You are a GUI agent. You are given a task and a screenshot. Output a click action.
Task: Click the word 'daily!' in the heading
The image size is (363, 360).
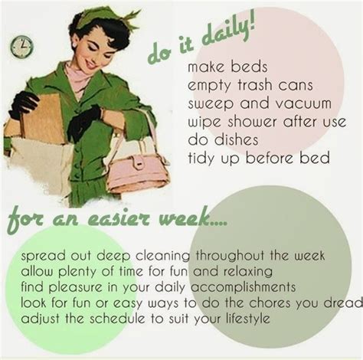pos(228,32)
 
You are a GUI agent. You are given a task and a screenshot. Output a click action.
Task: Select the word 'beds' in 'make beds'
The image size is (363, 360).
pos(249,67)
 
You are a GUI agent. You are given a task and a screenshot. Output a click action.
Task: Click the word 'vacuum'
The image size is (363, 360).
pos(303,103)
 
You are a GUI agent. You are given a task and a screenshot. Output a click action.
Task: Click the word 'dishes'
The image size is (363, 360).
pos(236,139)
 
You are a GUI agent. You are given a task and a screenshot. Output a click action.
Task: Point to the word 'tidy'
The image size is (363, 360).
pos(201,159)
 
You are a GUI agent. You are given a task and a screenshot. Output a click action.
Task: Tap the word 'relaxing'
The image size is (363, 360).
pos(247,272)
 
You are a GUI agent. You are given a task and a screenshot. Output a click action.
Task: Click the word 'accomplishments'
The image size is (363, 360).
pos(244,287)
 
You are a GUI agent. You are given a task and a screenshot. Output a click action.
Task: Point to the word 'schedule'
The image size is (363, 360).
pos(117,319)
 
